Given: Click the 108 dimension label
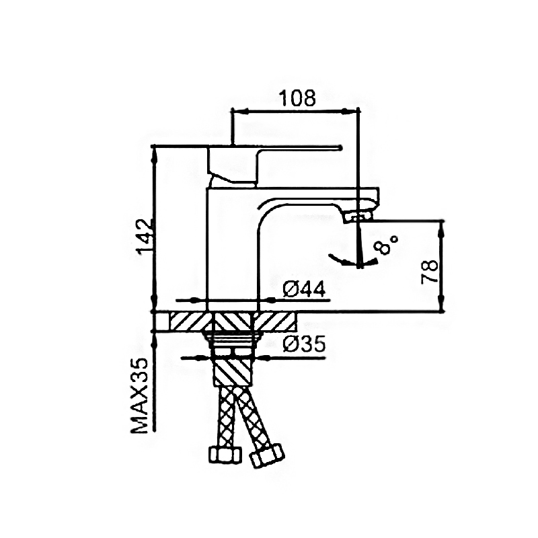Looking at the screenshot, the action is click(297, 98).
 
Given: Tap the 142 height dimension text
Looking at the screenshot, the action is click(145, 237).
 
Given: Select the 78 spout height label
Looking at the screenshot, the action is click(430, 272).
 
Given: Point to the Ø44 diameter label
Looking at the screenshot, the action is click(304, 291).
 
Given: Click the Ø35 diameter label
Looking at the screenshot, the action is click(304, 344).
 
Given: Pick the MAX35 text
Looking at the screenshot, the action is click(140, 395).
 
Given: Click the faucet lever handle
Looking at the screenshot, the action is click(274, 165).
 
